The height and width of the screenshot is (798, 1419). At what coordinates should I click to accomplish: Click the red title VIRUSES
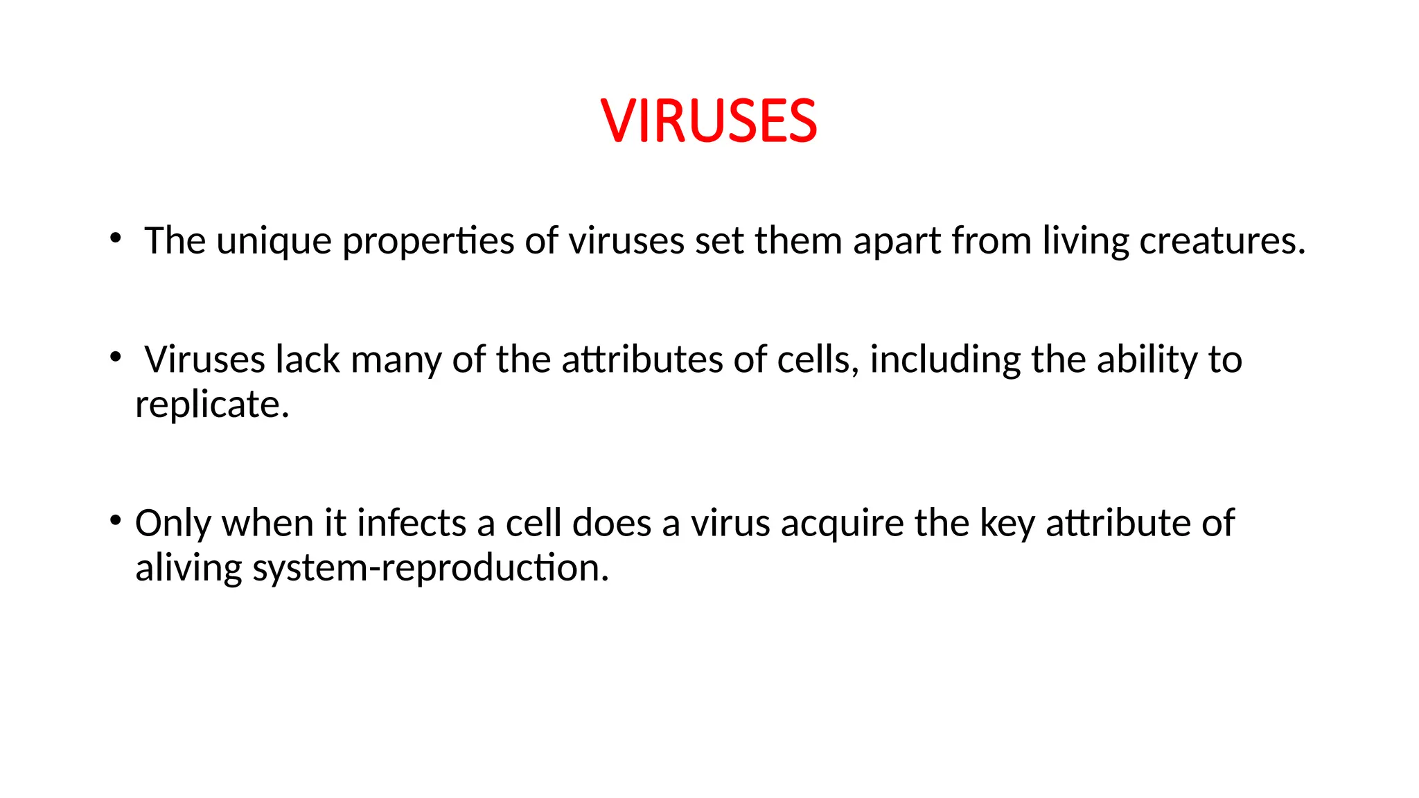coord(709,121)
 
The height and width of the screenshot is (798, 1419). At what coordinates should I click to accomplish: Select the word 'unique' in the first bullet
coord(274,242)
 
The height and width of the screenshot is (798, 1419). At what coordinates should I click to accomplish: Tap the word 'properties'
coord(428,242)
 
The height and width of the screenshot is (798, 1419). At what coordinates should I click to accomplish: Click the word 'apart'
coord(896,242)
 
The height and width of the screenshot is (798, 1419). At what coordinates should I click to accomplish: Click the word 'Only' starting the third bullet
coord(173,524)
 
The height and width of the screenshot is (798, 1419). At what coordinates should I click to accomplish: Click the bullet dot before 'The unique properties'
coord(116,239)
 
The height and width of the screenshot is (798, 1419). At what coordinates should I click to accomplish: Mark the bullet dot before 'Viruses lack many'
coord(116,357)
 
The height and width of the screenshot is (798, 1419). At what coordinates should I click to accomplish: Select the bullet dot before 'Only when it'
coord(116,520)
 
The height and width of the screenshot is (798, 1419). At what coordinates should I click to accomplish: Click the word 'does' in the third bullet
coord(612,523)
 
